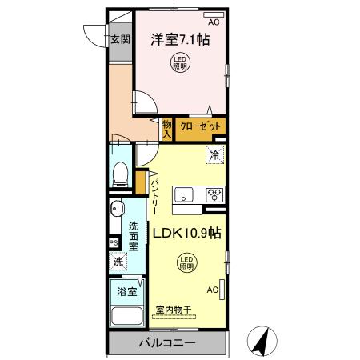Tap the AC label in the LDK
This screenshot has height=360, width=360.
(213, 290)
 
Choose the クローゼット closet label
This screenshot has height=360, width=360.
(198, 126)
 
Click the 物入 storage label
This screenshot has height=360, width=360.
(167, 129)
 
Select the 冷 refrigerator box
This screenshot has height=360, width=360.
(214, 155)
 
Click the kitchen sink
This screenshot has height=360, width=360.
(185, 194)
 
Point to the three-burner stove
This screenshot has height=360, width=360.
(214, 194)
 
